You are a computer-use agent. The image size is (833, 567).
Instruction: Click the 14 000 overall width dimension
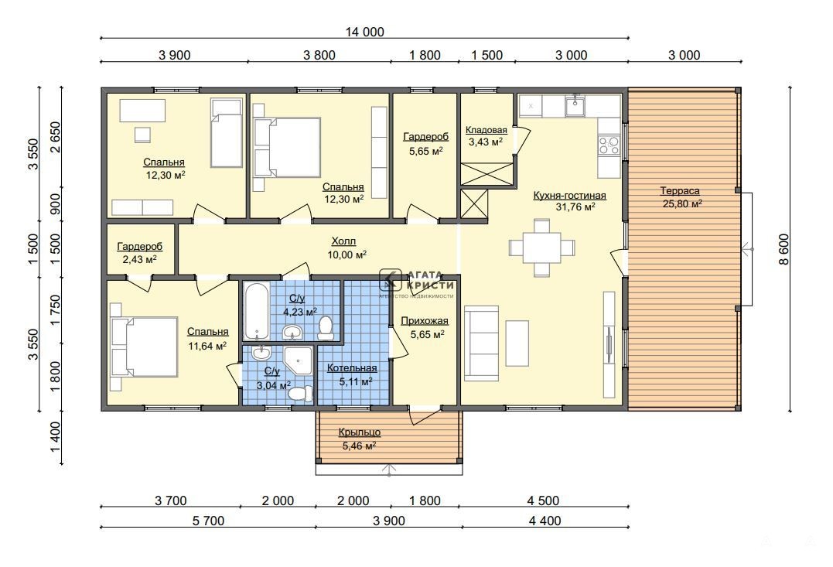click(364, 32)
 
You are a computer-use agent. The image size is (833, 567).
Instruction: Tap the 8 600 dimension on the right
click(784, 249)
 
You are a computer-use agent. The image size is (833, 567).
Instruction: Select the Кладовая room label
click(486, 130)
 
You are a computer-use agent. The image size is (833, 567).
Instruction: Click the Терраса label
click(679, 191)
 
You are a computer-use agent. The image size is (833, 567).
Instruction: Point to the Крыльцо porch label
click(359, 432)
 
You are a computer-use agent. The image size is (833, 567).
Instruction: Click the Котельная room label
click(352, 368)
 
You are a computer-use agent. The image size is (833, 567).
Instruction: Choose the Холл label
click(343, 241)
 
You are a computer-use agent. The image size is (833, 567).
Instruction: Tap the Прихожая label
click(425, 321)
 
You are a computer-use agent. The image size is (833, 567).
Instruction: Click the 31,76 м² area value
click(575, 207)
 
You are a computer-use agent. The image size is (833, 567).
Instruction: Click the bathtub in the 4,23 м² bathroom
click(257, 311)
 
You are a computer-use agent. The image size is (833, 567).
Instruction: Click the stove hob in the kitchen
click(609, 145)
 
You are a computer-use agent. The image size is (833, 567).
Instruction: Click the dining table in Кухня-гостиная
click(542, 248)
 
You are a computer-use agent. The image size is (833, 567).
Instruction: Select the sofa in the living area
click(481, 343)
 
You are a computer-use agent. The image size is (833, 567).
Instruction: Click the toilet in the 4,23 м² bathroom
click(325, 328)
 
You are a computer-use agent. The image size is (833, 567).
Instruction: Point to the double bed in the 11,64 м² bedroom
click(144, 347)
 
